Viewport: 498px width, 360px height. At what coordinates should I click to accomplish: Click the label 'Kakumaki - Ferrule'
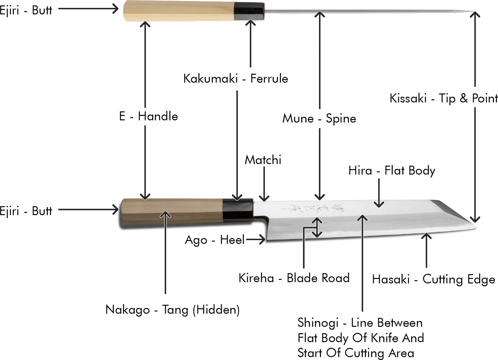(x=235, y=79)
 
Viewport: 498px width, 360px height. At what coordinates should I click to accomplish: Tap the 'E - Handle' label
(x=148, y=116)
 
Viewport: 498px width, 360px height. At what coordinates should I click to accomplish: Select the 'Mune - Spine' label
(x=319, y=118)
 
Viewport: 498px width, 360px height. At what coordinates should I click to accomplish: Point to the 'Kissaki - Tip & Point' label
(x=443, y=98)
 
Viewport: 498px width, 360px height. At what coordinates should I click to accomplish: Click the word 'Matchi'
(x=263, y=160)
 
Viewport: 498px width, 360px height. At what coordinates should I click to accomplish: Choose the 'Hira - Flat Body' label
(x=392, y=170)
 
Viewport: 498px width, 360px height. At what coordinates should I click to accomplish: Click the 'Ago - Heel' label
(x=215, y=240)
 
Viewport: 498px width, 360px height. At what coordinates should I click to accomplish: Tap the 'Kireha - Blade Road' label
(x=294, y=278)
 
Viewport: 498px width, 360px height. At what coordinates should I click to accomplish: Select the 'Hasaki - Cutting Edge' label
(x=433, y=279)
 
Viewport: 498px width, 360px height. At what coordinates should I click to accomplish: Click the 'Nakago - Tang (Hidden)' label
(x=172, y=310)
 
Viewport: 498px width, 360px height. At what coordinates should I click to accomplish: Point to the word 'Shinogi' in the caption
(x=318, y=323)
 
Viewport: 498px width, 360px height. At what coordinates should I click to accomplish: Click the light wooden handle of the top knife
(x=179, y=11)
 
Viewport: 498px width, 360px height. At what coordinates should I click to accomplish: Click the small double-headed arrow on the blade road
(x=317, y=228)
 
